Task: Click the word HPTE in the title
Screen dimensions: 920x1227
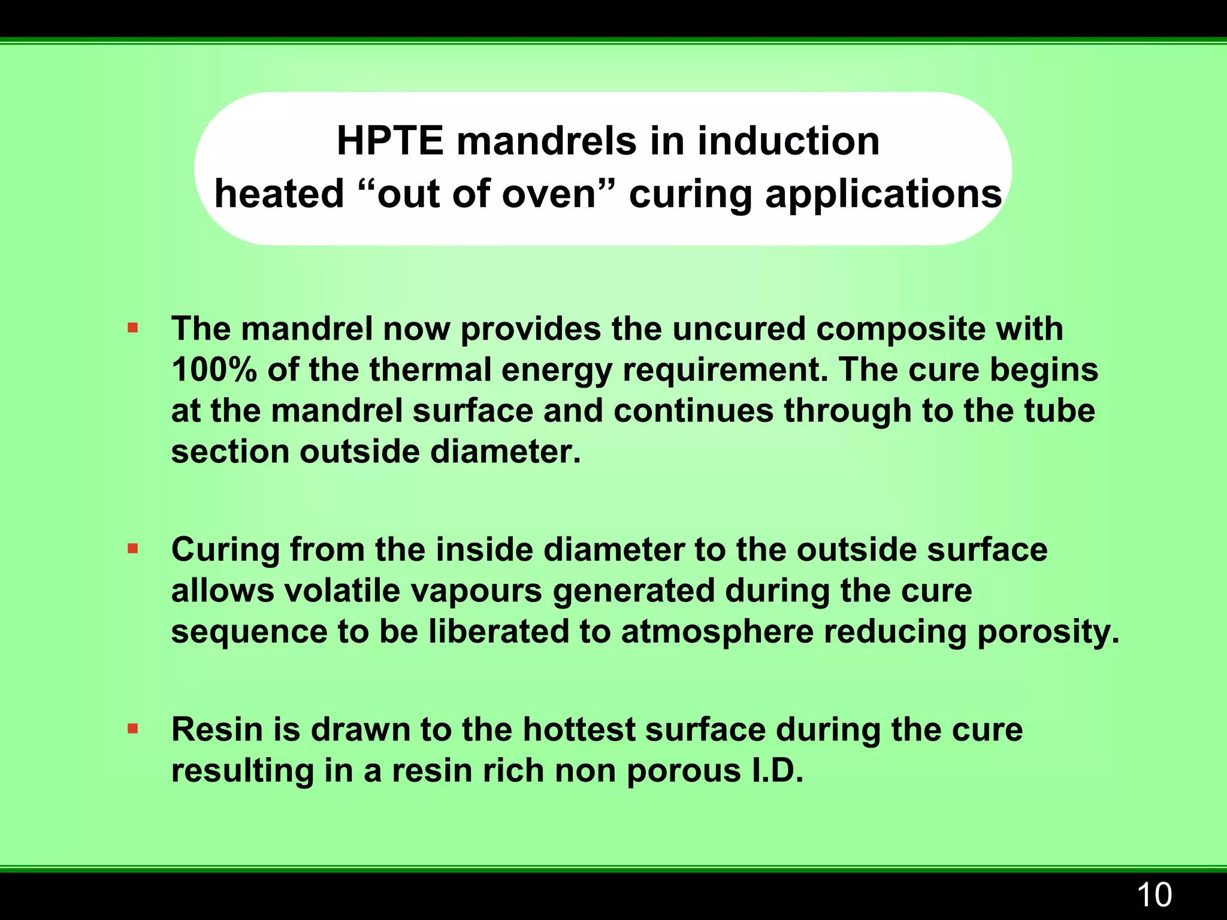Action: point(389,141)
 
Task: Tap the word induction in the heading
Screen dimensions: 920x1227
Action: point(788,141)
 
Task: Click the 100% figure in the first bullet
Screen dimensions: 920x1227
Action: point(214,370)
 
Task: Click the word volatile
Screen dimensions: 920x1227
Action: point(341,591)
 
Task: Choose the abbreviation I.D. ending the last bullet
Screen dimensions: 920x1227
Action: point(776,770)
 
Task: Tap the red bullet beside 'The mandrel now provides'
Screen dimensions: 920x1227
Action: point(133,328)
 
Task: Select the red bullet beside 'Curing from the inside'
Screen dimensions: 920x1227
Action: point(133,548)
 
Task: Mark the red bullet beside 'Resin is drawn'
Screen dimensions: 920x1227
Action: point(133,729)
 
